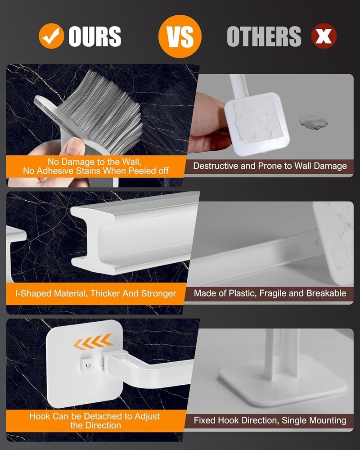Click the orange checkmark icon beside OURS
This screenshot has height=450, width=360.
coord(51,36)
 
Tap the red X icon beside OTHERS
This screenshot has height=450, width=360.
coord(324,36)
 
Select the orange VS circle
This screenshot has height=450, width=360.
coord(180,36)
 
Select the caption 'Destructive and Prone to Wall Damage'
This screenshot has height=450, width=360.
coord(270,166)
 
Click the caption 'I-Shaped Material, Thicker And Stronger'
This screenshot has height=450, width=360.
coord(95,293)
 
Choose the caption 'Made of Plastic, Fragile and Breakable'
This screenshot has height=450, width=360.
coord(270,293)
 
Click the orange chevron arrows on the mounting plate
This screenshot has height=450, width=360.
coord(93,343)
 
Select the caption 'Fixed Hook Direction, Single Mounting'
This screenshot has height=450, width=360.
coord(270,420)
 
